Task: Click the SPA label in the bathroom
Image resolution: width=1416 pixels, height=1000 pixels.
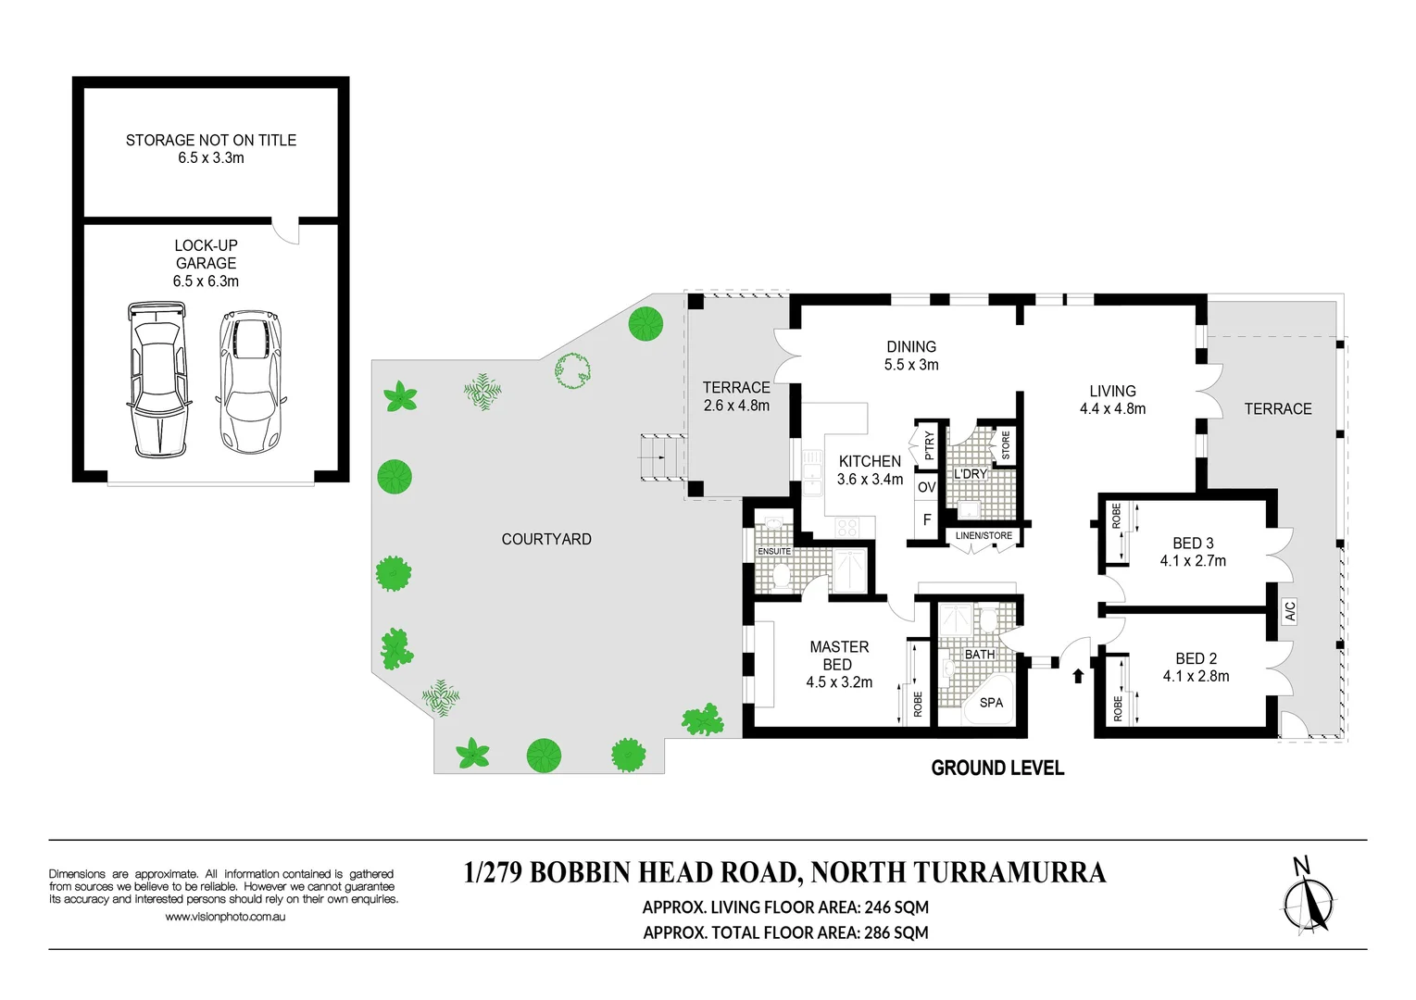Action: (991, 702)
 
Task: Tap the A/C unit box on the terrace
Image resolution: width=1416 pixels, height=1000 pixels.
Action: (1289, 611)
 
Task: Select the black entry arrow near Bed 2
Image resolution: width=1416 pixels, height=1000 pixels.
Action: (1078, 676)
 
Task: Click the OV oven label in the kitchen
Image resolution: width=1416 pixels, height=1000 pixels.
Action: (927, 487)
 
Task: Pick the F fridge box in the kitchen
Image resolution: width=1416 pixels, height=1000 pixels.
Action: (927, 519)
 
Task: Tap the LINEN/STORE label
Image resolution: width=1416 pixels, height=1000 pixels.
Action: (984, 535)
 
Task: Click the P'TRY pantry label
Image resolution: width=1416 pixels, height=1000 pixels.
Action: (929, 445)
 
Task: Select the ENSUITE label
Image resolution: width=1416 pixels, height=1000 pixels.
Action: (773, 551)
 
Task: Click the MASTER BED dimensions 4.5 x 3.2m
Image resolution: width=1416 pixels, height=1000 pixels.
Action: (839, 682)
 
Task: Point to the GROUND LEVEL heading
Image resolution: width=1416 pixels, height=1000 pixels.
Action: (997, 768)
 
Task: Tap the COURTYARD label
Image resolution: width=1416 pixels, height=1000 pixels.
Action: (546, 539)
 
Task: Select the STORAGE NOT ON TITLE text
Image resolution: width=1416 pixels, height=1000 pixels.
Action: (211, 141)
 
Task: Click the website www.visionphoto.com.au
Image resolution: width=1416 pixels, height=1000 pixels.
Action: (225, 917)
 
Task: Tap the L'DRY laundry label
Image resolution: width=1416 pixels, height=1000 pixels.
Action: (971, 473)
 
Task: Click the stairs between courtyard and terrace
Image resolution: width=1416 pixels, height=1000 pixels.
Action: (663, 457)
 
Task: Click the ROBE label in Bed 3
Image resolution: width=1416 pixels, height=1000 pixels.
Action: (1116, 515)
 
